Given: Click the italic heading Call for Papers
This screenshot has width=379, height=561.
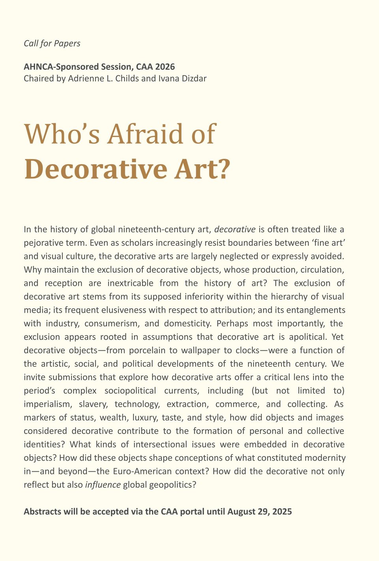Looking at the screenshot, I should [52, 43].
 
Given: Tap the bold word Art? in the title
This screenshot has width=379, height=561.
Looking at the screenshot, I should [201, 169].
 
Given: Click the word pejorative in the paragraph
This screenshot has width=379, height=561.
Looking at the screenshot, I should [44, 243].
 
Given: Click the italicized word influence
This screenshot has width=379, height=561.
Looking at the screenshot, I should [103, 484].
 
